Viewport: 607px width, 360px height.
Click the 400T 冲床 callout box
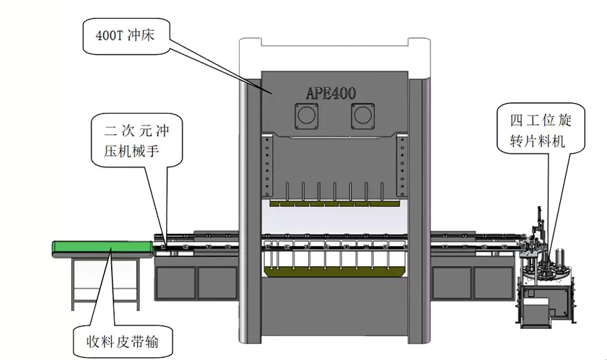point(126,33)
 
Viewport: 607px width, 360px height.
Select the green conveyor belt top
point(101,249)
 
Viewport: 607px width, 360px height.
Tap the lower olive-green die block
point(332,271)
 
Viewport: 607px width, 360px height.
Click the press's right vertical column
point(417,209)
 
